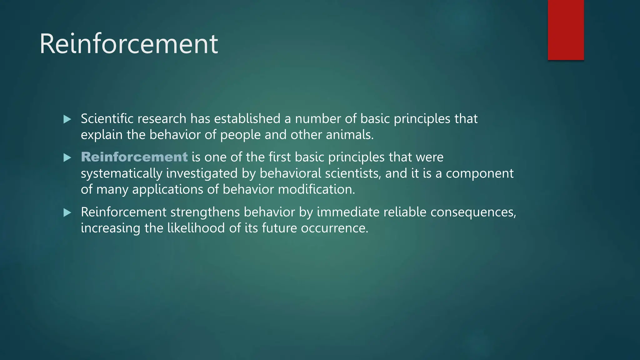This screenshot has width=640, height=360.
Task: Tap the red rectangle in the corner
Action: click(566, 30)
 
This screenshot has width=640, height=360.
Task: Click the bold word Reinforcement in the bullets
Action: click(134, 157)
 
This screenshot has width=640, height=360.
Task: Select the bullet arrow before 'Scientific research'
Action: click(67, 119)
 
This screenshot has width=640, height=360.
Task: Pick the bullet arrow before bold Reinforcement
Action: click(67, 157)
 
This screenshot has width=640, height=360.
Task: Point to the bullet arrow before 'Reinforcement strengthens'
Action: click(67, 213)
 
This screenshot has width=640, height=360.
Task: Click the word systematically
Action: click(122, 173)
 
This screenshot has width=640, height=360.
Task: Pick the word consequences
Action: click(473, 212)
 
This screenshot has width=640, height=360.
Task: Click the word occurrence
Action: click(334, 228)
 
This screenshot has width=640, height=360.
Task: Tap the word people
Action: click(240, 135)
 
